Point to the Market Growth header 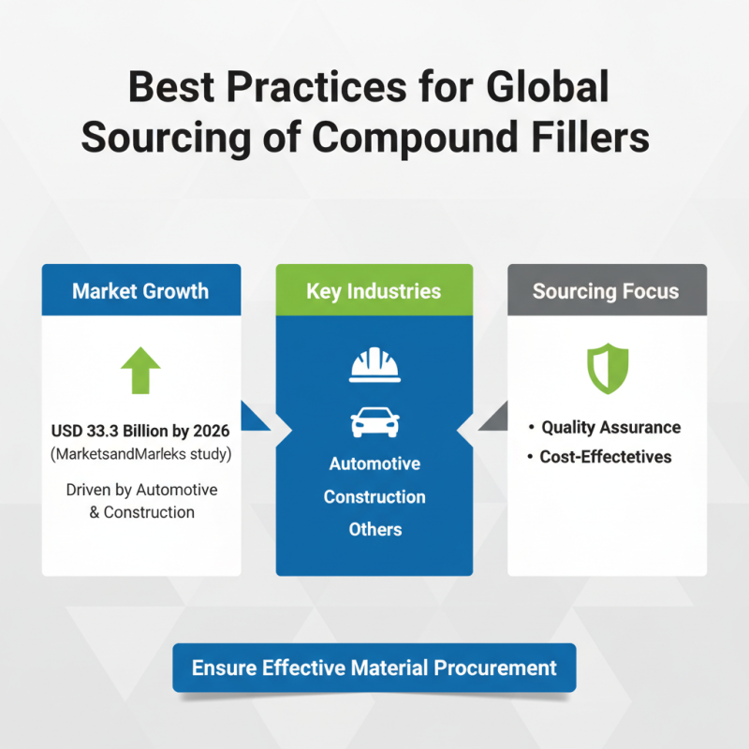click(140, 291)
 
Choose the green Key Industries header click(374, 291)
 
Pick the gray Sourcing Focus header click(606, 291)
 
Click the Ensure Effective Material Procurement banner click(374, 668)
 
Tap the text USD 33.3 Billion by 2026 click(140, 433)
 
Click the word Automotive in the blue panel click(374, 464)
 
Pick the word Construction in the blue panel click(374, 497)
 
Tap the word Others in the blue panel click(374, 529)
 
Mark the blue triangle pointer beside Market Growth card click(255, 418)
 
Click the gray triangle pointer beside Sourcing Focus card click(493, 418)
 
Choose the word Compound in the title click(415, 137)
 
